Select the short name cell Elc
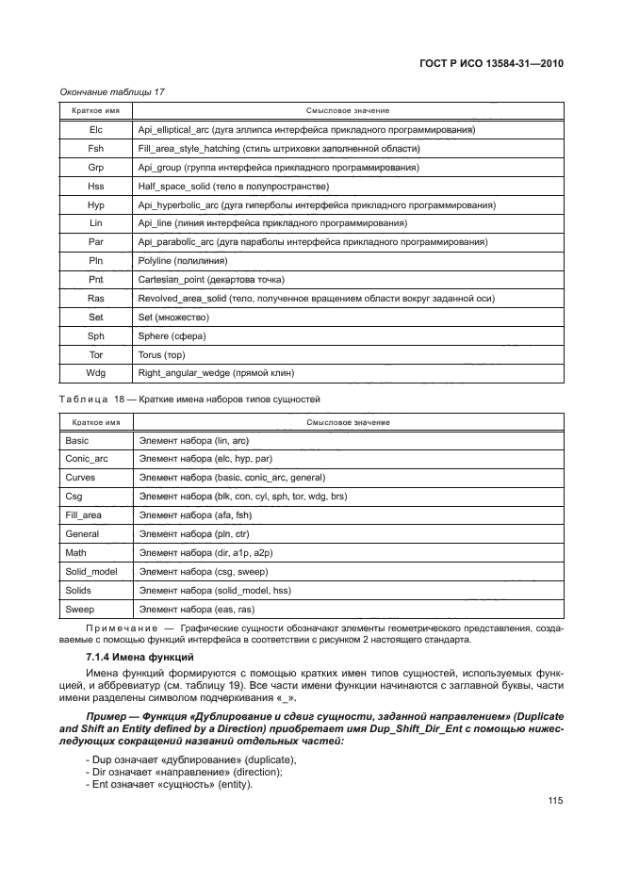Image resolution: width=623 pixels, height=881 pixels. click(x=95, y=129)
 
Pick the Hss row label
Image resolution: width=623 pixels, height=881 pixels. click(x=95, y=186)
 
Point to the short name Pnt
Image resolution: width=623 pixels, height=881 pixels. click(x=95, y=280)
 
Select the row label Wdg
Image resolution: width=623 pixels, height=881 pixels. click(x=95, y=374)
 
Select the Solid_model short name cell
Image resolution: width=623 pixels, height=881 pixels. click(x=90, y=571)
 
